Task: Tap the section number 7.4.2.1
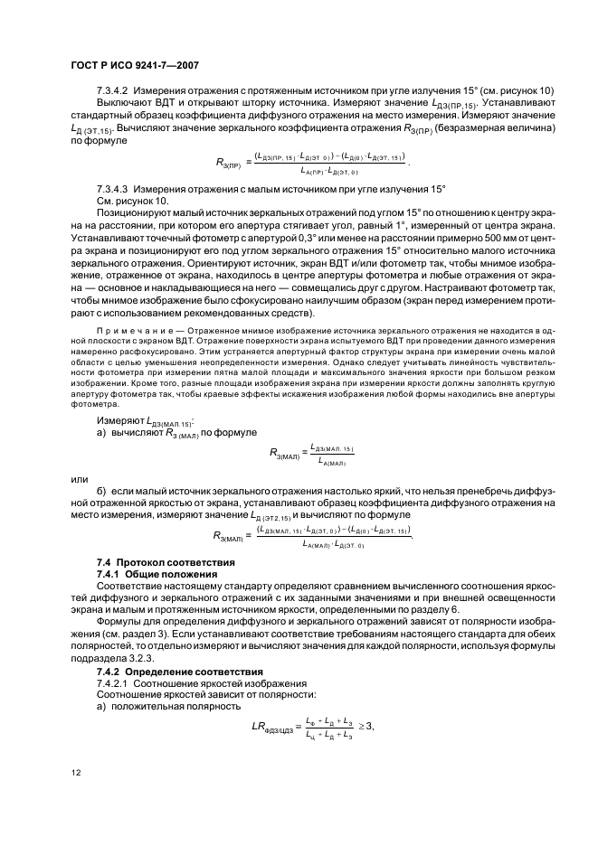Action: click(117, 684)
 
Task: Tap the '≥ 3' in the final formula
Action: click(366, 726)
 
